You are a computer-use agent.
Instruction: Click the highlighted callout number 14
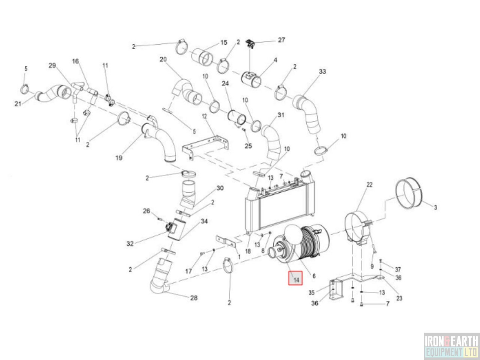pyautogui.click(x=296, y=280)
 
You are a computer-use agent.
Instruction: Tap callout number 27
pyautogui.click(x=282, y=40)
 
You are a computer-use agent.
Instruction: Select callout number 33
pyautogui.click(x=322, y=72)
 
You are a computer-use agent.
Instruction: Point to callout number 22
pyautogui.click(x=369, y=185)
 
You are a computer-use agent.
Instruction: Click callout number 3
pyautogui.click(x=435, y=207)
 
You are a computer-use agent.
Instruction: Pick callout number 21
pyautogui.click(x=18, y=104)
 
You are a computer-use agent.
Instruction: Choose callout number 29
pyautogui.click(x=52, y=65)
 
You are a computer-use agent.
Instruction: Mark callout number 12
pyautogui.click(x=204, y=116)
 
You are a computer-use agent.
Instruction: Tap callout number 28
pyautogui.click(x=194, y=298)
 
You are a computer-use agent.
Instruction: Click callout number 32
pyautogui.click(x=130, y=243)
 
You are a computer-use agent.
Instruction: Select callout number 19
pyautogui.click(x=119, y=158)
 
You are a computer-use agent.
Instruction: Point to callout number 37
pyautogui.click(x=398, y=269)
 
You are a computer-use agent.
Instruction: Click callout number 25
pyautogui.click(x=248, y=146)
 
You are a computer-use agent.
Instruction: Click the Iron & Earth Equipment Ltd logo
pyautogui.click(x=451, y=346)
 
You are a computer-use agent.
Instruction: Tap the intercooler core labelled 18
pyautogui.click(x=280, y=205)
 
